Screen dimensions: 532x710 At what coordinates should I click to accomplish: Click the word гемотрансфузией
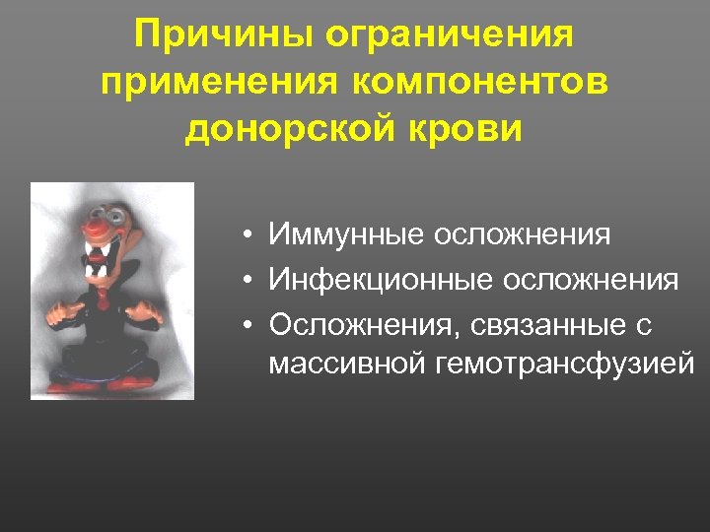[563, 366]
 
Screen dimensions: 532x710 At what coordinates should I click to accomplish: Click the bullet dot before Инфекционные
[253, 281]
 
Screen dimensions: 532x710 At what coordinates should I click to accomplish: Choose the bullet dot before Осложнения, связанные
[253, 324]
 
